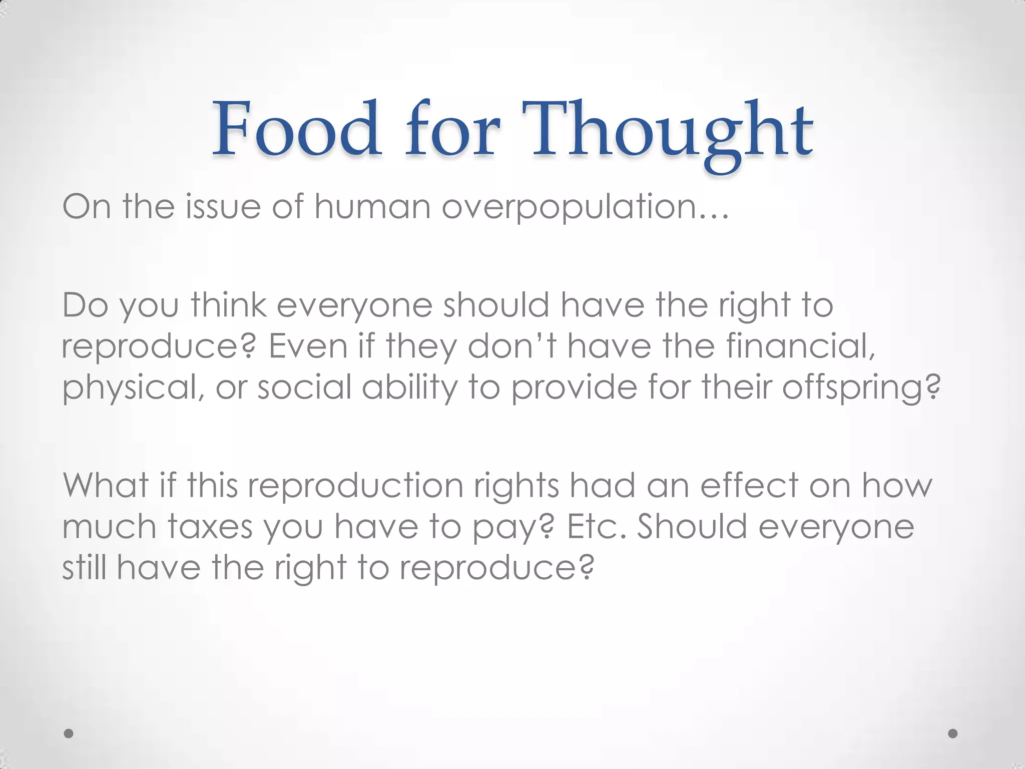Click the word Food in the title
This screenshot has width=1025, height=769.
click(296, 129)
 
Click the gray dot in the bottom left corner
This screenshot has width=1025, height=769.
click(69, 733)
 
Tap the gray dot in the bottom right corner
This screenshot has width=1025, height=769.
click(953, 733)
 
